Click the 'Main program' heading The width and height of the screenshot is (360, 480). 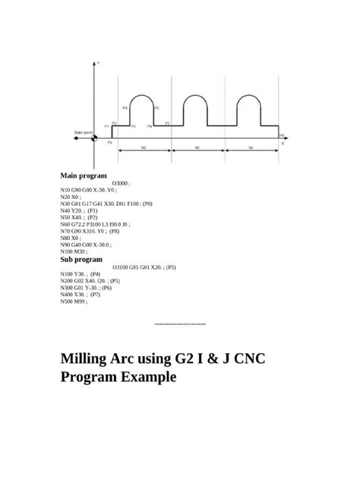(x=84, y=176)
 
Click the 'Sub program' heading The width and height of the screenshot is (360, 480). (x=81, y=259)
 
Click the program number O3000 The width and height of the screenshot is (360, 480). (x=120, y=184)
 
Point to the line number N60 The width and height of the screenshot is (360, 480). (x=66, y=225)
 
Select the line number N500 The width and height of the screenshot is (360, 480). (x=67, y=302)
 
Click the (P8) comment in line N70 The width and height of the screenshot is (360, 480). (x=114, y=232)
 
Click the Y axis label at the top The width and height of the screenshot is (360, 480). (x=99, y=63)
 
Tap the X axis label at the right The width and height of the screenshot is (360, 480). (x=283, y=142)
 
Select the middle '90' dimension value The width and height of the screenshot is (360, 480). (x=197, y=147)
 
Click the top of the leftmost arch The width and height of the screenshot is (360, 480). (x=141, y=96)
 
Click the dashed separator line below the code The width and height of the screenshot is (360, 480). (x=179, y=324)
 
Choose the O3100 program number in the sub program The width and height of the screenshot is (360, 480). (x=121, y=267)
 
